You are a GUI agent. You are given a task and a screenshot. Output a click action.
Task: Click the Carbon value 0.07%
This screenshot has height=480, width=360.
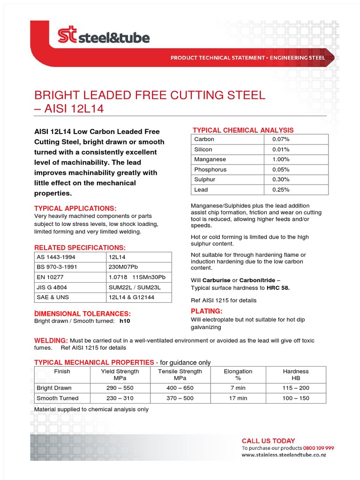point(281,139)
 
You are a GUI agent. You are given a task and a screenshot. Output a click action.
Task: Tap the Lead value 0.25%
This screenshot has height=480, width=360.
point(281,190)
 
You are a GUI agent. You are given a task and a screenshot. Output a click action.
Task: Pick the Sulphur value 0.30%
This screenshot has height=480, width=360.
point(281,180)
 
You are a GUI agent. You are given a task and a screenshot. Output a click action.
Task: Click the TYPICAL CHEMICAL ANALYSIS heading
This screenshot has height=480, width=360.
point(243,130)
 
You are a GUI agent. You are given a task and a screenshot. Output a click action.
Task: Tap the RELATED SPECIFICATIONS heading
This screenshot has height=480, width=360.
point(80,247)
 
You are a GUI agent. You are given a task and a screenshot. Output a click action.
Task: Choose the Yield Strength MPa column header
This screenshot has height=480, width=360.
point(120,375)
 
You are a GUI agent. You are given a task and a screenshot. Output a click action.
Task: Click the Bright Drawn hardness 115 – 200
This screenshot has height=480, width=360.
point(296,388)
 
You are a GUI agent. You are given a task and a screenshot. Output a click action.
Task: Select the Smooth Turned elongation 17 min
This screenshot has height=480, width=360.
point(238,398)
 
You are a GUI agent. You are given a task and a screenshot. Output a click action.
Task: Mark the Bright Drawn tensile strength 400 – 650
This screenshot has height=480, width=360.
point(180,388)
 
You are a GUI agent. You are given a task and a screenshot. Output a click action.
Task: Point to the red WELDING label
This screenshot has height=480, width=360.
point(52,340)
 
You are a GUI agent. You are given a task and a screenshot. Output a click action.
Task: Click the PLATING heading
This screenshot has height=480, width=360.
point(206,311)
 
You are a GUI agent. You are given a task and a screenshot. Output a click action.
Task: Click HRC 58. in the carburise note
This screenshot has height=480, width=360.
point(278,288)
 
